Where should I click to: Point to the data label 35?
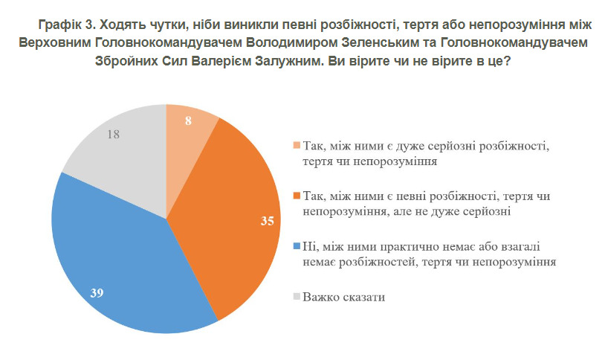(265, 222)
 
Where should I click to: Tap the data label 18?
(114, 135)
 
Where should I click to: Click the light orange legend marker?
(297, 146)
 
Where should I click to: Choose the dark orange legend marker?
(297, 196)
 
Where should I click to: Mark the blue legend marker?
(297, 246)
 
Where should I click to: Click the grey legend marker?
(297, 297)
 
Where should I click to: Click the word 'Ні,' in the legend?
(310, 246)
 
